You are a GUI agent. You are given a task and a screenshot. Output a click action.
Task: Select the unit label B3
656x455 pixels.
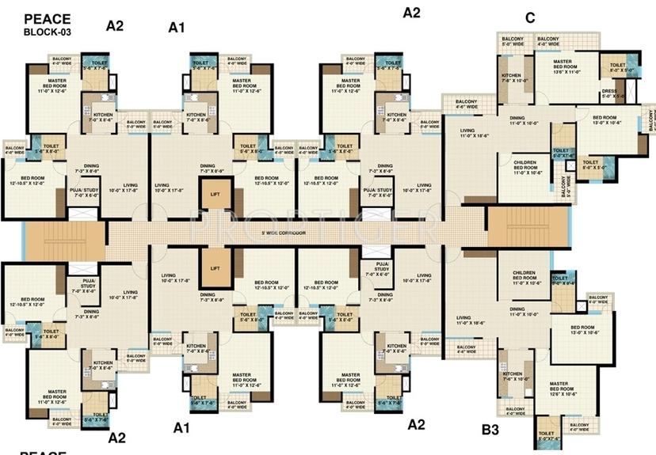pos(491,430)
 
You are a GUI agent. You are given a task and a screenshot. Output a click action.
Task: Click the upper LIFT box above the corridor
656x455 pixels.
pos(215,193)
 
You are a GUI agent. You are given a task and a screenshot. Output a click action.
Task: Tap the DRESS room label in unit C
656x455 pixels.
pos(608,93)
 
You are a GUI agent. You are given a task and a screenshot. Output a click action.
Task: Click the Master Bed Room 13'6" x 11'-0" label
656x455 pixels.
pos(563,67)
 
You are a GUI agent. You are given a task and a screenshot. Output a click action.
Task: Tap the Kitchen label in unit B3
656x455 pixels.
pos(513,377)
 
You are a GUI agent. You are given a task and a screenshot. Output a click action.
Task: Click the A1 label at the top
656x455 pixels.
pos(177,28)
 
